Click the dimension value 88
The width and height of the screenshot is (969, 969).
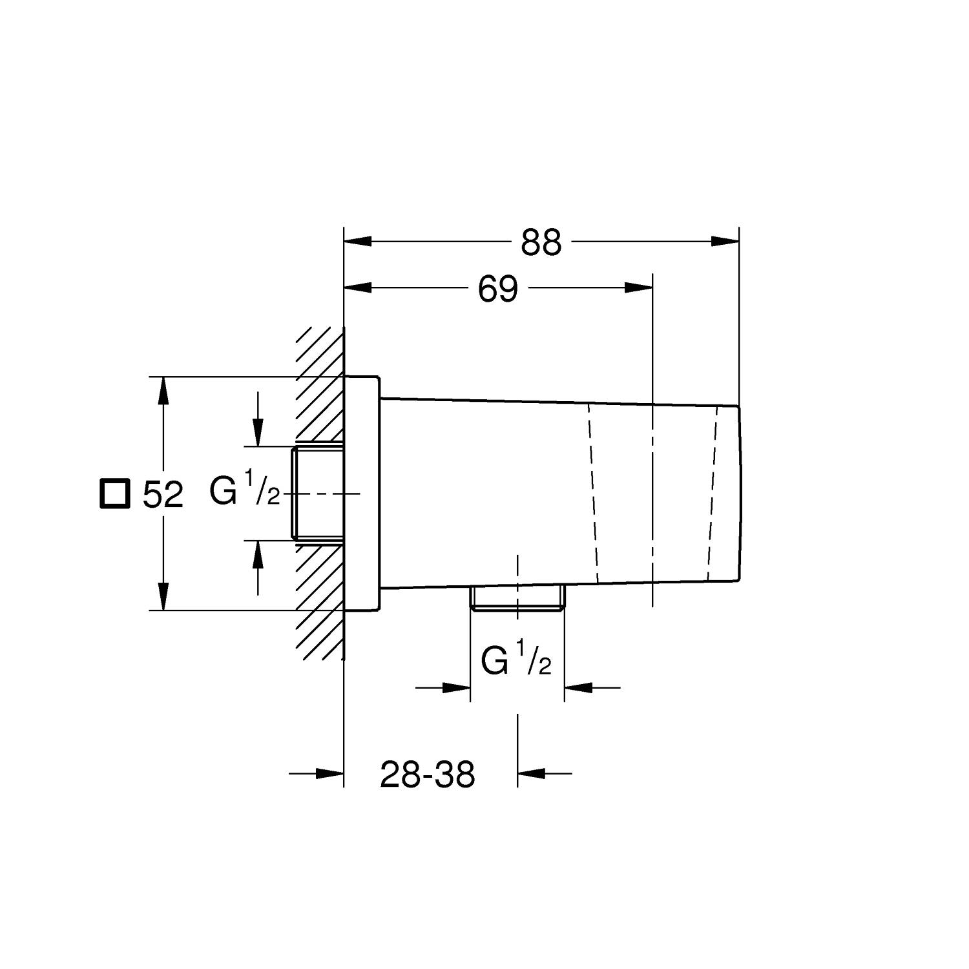(x=541, y=243)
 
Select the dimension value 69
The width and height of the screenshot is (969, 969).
(x=498, y=289)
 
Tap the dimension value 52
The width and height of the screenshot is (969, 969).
(x=163, y=495)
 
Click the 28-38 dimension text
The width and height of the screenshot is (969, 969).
(x=427, y=774)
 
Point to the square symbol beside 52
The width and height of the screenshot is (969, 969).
(x=114, y=494)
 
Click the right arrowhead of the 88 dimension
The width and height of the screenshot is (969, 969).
(x=725, y=242)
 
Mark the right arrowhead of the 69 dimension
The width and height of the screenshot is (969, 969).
(x=640, y=287)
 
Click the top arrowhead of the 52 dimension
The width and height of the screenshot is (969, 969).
(x=163, y=390)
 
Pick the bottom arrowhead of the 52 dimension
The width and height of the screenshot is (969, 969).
(x=163, y=596)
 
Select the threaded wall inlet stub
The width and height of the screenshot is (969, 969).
(x=318, y=493)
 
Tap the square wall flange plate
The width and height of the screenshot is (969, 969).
(x=362, y=493)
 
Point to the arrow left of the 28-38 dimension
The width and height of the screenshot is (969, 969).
(x=329, y=773)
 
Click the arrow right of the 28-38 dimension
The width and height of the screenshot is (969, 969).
(x=532, y=773)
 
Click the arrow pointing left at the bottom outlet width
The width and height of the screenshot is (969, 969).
(x=579, y=687)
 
